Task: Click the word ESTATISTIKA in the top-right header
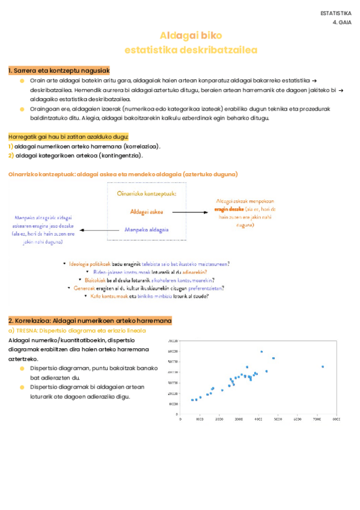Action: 335,13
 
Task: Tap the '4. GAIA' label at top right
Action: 342,22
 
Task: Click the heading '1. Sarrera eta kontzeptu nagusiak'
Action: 59,70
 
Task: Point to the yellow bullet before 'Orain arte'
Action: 22,80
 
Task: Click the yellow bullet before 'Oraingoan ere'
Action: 22,109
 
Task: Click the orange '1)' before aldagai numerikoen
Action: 11,146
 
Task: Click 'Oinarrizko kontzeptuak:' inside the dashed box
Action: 147,194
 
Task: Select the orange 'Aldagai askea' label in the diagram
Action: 147,212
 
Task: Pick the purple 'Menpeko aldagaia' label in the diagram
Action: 147,230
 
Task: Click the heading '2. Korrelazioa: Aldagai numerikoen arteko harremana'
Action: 90,321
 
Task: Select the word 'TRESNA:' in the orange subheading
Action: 27,331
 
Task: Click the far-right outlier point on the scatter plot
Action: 323,366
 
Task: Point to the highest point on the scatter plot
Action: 261,351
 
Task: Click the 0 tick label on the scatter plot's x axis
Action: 182,419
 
